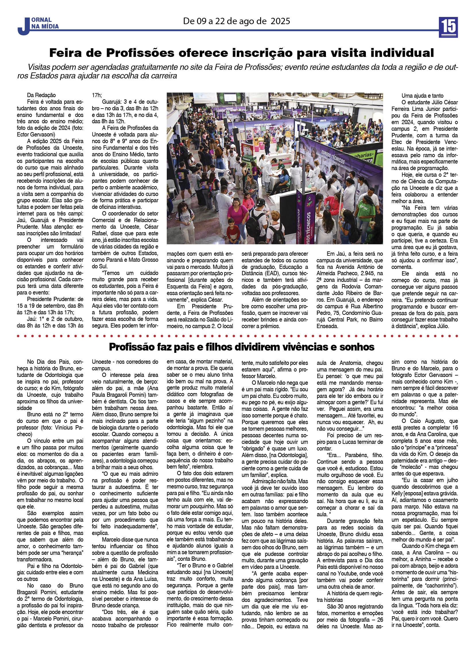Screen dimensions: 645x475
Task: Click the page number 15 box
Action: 448,27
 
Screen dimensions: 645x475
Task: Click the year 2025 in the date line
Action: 280,21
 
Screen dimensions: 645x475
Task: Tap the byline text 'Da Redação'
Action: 41,95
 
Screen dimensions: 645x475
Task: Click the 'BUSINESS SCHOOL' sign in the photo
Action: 261,125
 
